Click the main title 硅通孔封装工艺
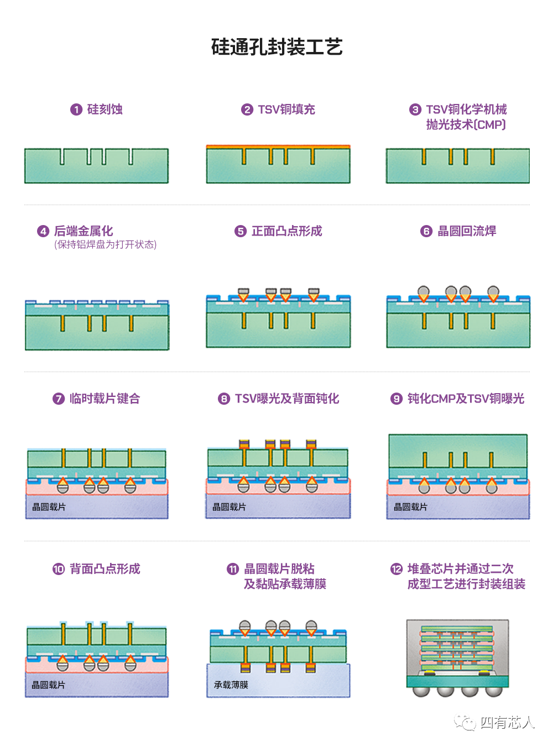(276, 46)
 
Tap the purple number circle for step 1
(76, 109)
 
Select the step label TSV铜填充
(286, 109)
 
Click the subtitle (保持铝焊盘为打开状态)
(106, 244)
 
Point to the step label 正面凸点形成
(287, 231)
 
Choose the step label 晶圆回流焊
(467, 231)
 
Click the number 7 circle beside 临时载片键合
(59, 399)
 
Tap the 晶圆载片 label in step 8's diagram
(229, 506)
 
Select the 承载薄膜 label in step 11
(231, 685)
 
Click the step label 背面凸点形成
(105, 569)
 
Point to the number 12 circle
(397, 569)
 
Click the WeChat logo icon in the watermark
(465, 722)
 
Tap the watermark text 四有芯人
(507, 722)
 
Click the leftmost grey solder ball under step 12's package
(421, 691)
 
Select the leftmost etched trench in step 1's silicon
(62, 156)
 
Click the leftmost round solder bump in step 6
(424, 291)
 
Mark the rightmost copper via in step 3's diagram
(493, 156)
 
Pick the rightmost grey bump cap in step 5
(314, 291)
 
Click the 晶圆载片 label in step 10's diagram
(49, 685)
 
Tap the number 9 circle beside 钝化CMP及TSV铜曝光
(397, 399)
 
